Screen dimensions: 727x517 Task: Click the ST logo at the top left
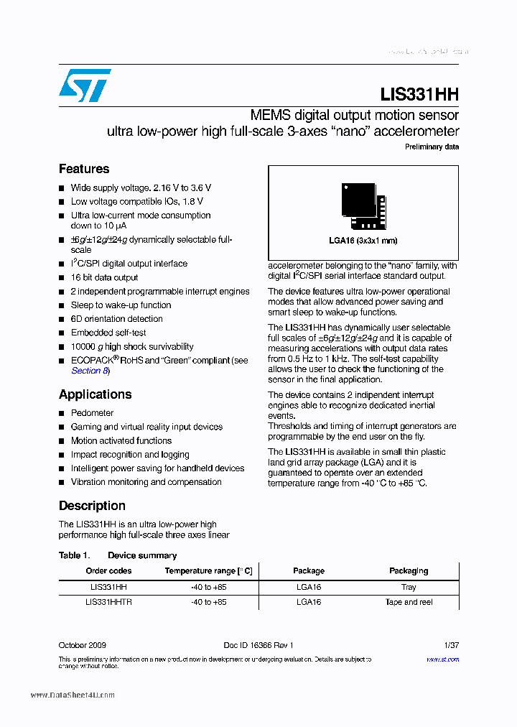tap(85, 85)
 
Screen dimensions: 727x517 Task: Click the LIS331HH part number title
tap(419, 95)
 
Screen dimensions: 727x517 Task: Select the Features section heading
tap(84, 169)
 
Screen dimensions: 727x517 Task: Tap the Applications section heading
tap(95, 394)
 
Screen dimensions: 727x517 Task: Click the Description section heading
tap(92, 506)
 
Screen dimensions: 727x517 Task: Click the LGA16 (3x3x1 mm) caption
tap(363, 241)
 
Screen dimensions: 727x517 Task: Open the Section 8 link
tap(90, 371)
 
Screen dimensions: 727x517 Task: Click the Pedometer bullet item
tap(92, 413)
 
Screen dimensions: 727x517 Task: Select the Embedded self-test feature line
tap(108, 333)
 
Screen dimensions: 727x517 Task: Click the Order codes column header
tap(108, 570)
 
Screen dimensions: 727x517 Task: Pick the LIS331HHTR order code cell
tap(108, 602)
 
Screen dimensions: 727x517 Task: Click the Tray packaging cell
tap(409, 587)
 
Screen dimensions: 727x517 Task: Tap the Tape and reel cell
tap(409, 602)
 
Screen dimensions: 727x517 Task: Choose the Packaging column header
tap(409, 570)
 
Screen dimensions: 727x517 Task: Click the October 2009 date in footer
tap(83, 645)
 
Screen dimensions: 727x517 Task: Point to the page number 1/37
tap(451, 645)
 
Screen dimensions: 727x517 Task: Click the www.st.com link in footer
tap(442, 659)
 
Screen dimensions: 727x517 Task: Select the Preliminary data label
tap(432, 147)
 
